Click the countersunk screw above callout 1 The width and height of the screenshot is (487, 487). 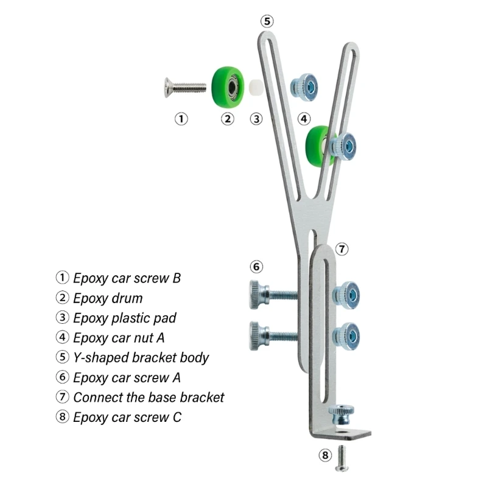click(185, 87)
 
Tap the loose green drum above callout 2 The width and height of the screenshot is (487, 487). click(228, 87)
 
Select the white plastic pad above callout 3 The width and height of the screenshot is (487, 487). click(256, 88)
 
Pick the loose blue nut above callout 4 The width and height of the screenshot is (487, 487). click(304, 87)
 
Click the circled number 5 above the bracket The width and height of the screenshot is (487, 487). click(267, 21)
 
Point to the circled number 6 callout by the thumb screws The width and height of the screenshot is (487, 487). click(256, 267)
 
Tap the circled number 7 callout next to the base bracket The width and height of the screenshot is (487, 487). click(342, 249)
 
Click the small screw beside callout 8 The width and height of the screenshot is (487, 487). click(342, 458)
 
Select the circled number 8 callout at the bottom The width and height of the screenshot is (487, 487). click(325, 455)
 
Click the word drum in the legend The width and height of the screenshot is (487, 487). click(127, 298)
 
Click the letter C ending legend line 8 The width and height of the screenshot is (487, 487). click(177, 417)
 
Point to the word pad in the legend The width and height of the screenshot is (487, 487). click(165, 318)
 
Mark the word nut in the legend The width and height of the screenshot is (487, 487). click(143, 338)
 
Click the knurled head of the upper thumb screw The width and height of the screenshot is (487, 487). click(256, 295)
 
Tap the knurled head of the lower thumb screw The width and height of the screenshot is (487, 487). click(256, 336)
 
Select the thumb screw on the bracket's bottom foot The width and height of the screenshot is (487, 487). click(342, 415)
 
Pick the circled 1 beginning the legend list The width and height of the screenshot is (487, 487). click(62, 278)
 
